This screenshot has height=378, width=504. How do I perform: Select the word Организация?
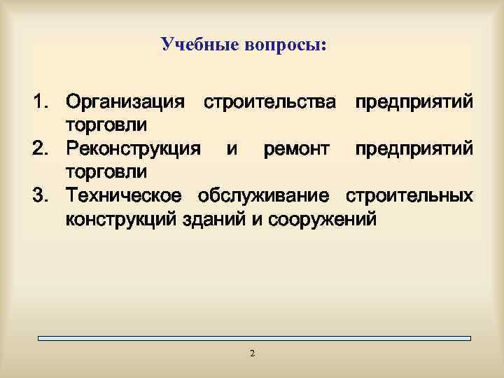(x=126, y=103)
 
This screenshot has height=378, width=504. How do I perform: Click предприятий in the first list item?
(x=413, y=103)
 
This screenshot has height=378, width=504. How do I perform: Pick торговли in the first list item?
(x=106, y=126)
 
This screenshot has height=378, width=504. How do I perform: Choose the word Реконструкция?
(x=134, y=149)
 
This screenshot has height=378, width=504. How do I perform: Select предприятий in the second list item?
(x=413, y=149)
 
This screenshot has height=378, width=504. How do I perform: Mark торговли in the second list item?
(x=106, y=172)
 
